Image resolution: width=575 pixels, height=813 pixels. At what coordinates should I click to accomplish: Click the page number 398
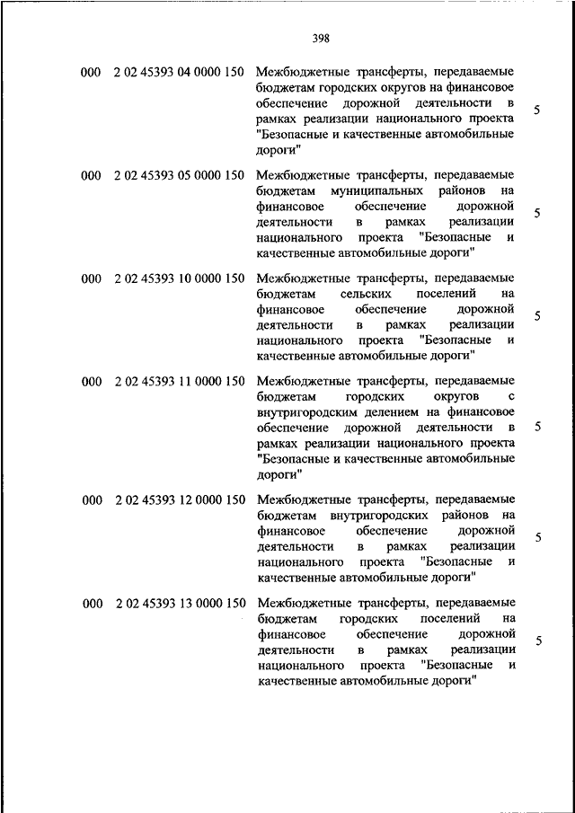pyautogui.click(x=321, y=38)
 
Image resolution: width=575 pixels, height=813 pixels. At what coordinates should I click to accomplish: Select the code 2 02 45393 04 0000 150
pyautogui.click(x=180, y=71)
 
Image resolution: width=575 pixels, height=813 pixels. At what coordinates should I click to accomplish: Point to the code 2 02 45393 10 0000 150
pyautogui.click(x=180, y=278)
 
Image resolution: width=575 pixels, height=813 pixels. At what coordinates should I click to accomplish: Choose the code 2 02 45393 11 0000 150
pyautogui.click(x=180, y=382)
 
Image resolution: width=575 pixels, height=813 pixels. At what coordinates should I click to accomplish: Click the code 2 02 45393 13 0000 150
pyautogui.click(x=180, y=604)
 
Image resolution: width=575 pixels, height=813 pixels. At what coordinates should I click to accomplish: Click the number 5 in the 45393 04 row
pyautogui.click(x=536, y=110)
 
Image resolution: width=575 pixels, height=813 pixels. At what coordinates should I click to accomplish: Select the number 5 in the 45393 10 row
pyautogui.click(x=536, y=316)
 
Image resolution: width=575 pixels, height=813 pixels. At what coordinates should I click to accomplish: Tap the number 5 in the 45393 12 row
pyautogui.click(x=536, y=537)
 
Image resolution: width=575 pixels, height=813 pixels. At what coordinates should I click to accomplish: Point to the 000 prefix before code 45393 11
pyautogui.click(x=91, y=382)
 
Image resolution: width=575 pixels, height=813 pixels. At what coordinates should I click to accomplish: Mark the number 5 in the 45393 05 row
pyautogui.click(x=536, y=214)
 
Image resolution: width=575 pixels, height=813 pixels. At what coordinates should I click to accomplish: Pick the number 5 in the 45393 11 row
pyautogui.click(x=536, y=427)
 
